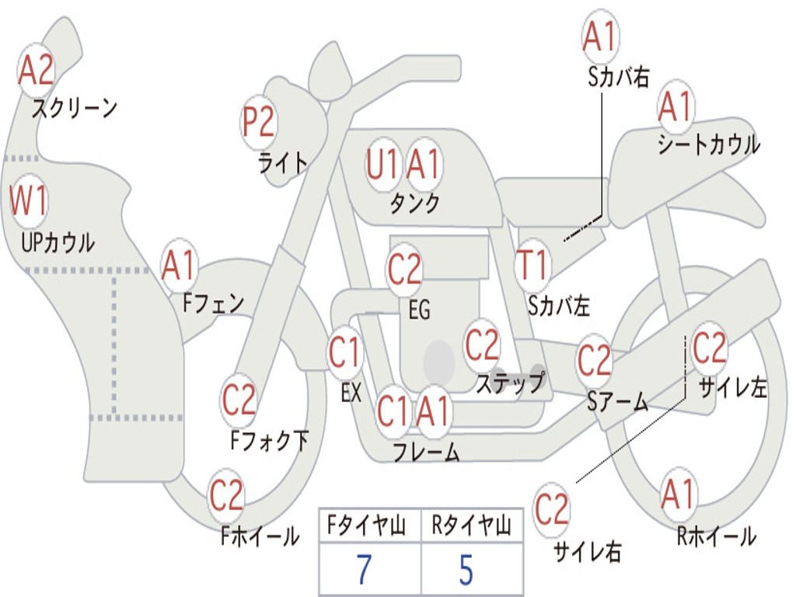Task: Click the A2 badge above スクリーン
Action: pos(36,70)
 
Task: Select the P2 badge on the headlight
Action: pos(259,122)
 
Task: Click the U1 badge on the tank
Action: pos(382,165)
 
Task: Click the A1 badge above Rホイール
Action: pos(678,494)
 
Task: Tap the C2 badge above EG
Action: pos(404,268)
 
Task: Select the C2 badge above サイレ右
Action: pos(551,509)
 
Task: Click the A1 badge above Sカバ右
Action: pos(601,36)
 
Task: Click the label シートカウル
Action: pos(709,144)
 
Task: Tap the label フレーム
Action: pos(427,452)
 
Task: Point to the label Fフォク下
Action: pos(269,440)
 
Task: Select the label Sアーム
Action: pos(618,402)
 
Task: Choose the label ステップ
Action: pos(510,382)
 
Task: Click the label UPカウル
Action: pos(58,243)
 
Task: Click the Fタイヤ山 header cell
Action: pos(370,525)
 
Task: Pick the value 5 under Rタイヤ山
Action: pos(466,570)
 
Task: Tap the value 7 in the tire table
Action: pos(365,570)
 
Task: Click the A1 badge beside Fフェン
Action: pos(180,265)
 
